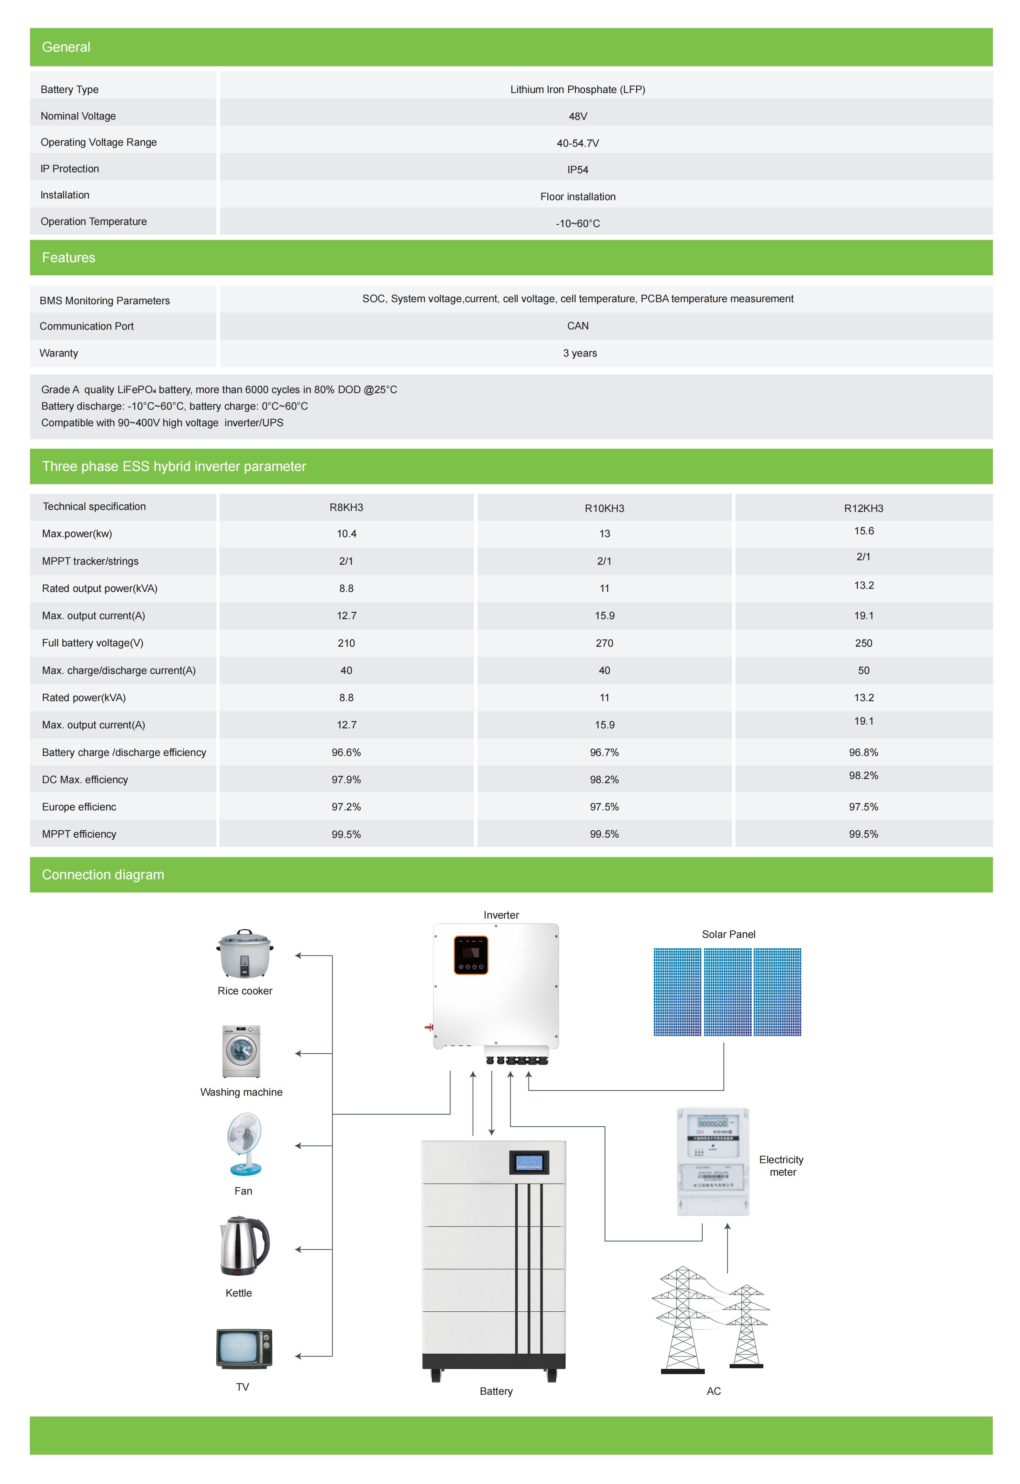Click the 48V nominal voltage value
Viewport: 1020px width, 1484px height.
click(x=578, y=116)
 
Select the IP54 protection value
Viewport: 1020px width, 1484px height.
click(x=578, y=170)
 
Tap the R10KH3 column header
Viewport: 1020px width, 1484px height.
click(x=604, y=509)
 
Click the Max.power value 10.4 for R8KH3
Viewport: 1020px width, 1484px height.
click(x=347, y=534)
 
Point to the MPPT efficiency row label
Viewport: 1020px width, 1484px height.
click(x=79, y=834)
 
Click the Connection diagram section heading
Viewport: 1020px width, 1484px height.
click(x=103, y=875)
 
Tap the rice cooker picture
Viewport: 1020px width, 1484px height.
click(x=245, y=954)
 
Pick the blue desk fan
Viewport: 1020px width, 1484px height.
click(x=245, y=1144)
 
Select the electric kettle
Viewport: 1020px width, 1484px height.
click(x=244, y=1246)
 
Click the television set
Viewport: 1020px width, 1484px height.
click(x=244, y=1349)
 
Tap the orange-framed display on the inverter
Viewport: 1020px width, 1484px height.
click(x=471, y=955)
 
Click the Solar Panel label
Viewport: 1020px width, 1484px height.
click(x=729, y=934)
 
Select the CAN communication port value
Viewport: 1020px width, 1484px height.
click(x=578, y=326)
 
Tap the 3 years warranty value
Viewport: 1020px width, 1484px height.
click(x=580, y=354)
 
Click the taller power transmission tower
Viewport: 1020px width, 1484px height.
click(x=682, y=1319)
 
